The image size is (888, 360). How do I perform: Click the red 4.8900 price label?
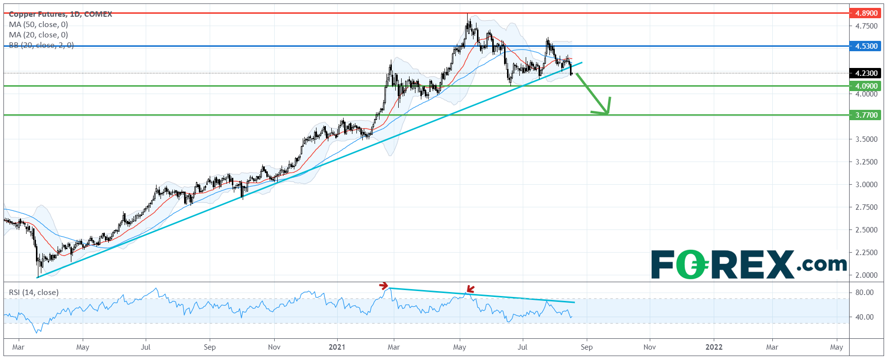[x=866, y=13]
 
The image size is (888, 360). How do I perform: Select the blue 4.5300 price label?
[x=866, y=46]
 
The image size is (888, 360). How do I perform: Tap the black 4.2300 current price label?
[x=866, y=73]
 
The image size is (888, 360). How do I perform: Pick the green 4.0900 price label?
[x=866, y=86]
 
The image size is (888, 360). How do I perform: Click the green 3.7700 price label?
[x=866, y=115]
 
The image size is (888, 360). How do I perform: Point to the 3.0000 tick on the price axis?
[x=866, y=185]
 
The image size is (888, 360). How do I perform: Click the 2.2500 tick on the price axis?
[x=866, y=253]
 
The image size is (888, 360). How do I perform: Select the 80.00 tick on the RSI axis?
[x=864, y=293]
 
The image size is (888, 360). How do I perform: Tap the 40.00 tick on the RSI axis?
[x=864, y=317]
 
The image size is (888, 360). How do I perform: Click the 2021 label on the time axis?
[x=337, y=347]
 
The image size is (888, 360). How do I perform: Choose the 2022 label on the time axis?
[x=714, y=347]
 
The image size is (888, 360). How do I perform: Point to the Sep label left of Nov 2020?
[x=210, y=347]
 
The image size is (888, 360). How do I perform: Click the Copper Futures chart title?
[x=61, y=14]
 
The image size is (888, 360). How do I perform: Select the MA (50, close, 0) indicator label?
[x=38, y=25]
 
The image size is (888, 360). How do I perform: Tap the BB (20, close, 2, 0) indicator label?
[x=41, y=45]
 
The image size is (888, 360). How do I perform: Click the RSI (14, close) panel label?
[x=33, y=293]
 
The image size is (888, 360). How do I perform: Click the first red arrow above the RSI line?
[x=383, y=286]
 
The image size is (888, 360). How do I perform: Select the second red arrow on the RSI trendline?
[x=470, y=290]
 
